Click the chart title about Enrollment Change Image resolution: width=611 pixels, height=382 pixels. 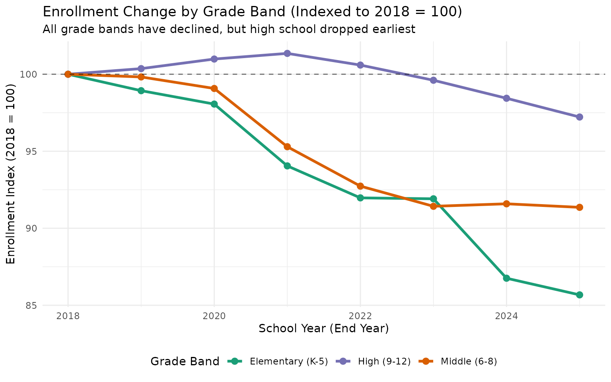coord(252,12)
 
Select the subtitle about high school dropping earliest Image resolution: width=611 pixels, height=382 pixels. coord(229,29)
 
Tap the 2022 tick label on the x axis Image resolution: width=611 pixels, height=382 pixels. coord(360,316)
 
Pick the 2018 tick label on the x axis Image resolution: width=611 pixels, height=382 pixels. coord(68,316)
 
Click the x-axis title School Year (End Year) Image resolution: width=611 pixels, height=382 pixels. coord(323,329)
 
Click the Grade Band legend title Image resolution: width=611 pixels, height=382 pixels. coord(185,361)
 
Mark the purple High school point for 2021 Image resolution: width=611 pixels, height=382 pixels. coord(287,53)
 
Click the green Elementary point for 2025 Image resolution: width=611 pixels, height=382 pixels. coord(580,295)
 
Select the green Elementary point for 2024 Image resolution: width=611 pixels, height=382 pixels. coord(506,278)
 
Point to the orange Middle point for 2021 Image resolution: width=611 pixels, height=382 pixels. coord(287,147)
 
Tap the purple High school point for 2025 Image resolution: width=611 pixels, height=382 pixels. coord(580,117)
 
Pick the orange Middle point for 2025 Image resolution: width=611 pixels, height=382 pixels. coord(580,207)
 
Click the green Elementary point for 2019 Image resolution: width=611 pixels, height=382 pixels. coord(141,91)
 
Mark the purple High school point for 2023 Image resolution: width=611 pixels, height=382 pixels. coord(433,80)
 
